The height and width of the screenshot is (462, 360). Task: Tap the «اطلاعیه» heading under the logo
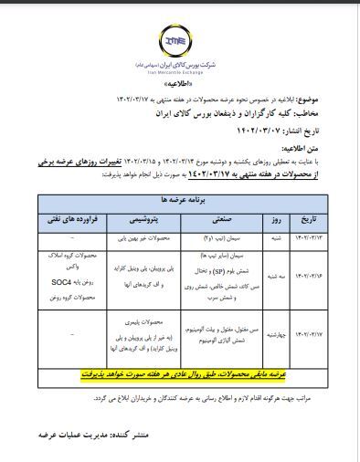tap(180, 82)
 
